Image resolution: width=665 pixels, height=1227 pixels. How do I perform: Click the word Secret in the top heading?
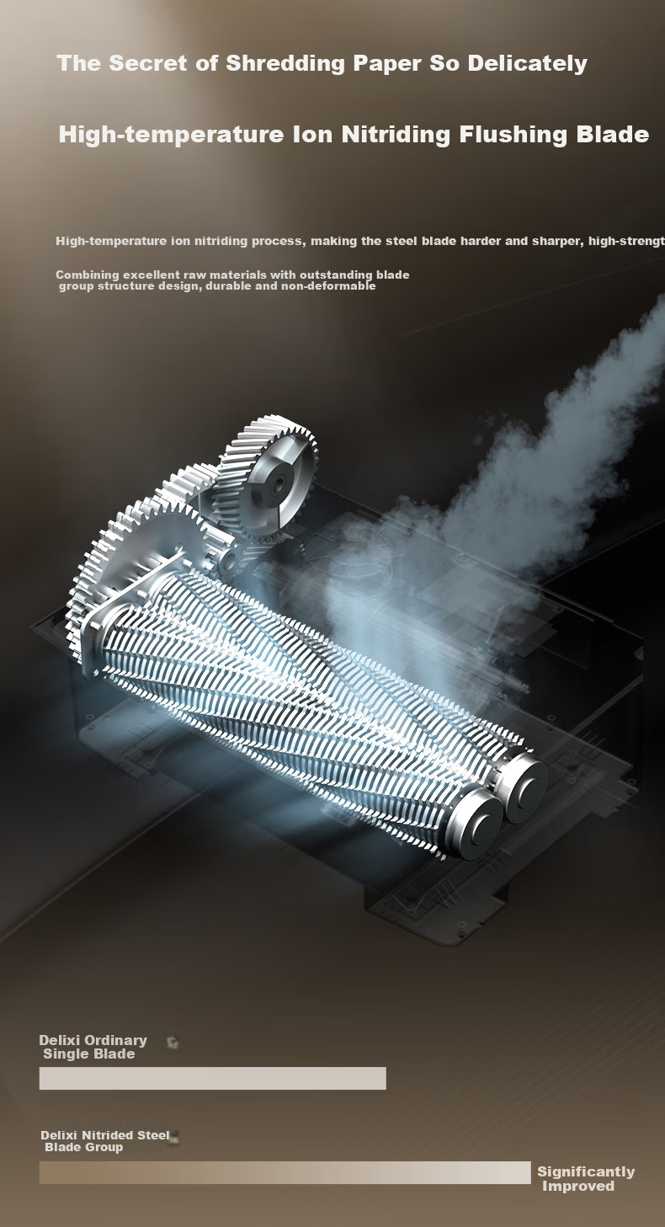[148, 63]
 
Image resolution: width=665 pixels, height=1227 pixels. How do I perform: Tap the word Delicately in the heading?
[528, 64]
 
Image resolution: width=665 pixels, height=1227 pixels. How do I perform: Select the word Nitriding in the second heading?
[396, 134]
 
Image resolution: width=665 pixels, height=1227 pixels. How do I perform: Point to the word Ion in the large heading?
[312, 134]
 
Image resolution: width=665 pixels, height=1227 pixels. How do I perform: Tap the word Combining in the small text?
[88, 275]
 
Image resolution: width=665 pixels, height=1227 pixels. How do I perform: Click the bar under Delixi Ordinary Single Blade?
[212, 1078]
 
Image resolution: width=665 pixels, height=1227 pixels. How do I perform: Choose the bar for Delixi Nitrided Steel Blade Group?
[285, 1172]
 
